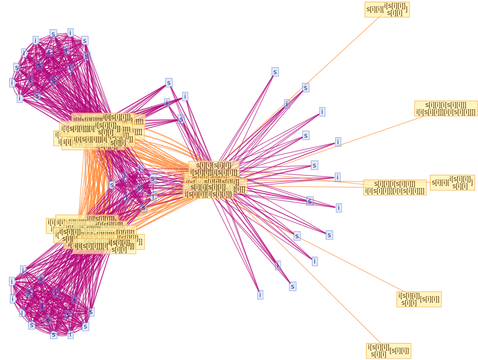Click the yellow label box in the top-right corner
pyautogui.click(x=387, y=9)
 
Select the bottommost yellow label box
pyautogui.click(x=388, y=351)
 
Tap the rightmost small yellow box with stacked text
pyautogui.click(x=452, y=183)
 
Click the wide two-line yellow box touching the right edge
pyautogui.click(x=446, y=109)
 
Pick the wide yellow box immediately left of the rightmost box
pyautogui.click(x=395, y=187)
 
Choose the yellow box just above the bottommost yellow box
pyautogui.click(x=419, y=299)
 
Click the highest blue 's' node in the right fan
pyautogui.click(x=275, y=72)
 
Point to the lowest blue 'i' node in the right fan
pyautogui.click(x=260, y=295)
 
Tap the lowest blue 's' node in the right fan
pyautogui.click(x=293, y=287)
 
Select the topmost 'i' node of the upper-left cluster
pyautogui.click(x=70, y=33)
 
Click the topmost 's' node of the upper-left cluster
pyautogui.click(x=53, y=34)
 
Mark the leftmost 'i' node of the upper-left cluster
pyautogui.click(x=13, y=83)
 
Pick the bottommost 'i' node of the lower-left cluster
pyautogui.click(x=70, y=335)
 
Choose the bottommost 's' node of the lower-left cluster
pyautogui.click(x=53, y=335)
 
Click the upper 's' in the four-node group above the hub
pyautogui.click(x=169, y=83)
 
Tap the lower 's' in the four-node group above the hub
pyautogui.click(x=181, y=119)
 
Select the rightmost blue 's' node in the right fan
pyautogui.click(x=329, y=235)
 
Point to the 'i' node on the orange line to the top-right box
pyautogui.click(x=287, y=104)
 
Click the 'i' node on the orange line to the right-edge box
pyautogui.click(x=338, y=142)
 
